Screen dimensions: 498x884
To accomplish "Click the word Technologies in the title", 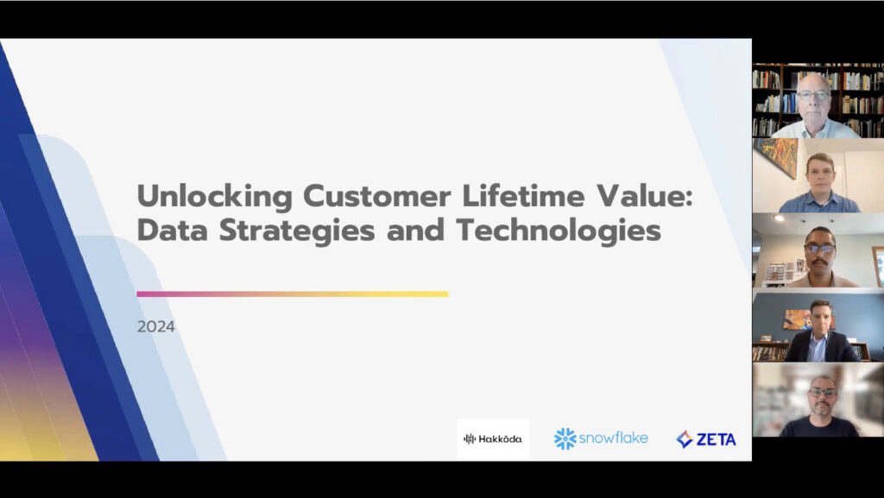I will click(559, 231).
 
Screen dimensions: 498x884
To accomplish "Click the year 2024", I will click(155, 327).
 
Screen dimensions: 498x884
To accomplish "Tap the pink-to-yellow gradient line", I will click(292, 294).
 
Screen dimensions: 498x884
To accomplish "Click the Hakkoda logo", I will click(492, 438).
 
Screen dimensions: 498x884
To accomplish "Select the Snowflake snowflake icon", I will click(565, 438).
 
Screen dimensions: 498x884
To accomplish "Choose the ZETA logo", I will click(706, 439).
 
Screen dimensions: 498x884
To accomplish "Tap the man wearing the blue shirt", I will click(818, 183).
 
